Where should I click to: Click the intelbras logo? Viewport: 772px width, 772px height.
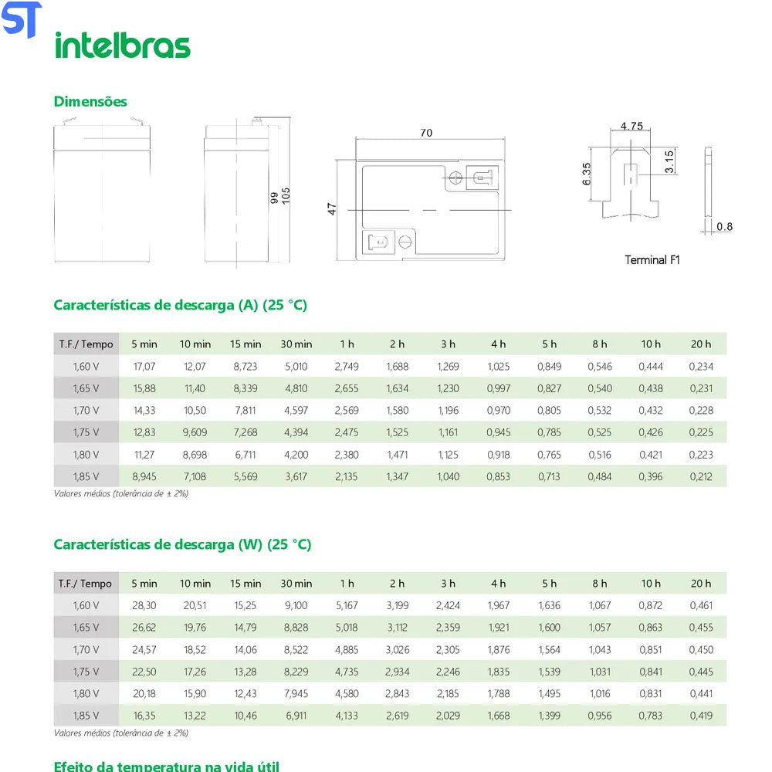(x=122, y=45)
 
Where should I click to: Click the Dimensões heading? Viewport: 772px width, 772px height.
(x=90, y=101)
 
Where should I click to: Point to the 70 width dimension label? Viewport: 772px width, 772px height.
(x=426, y=133)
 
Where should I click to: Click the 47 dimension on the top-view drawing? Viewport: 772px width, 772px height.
(x=332, y=208)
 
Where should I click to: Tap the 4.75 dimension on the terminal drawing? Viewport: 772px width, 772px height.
(x=631, y=126)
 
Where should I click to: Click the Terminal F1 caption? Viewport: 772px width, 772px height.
(x=652, y=260)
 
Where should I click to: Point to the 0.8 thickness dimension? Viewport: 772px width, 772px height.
(x=724, y=226)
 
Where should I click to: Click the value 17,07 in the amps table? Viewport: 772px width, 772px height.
(x=144, y=366)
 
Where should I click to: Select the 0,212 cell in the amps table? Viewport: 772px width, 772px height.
(x=701, y=476)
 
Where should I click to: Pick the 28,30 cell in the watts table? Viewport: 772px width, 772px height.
(x=144, y=605)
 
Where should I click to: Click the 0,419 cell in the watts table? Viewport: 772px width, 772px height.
(x=701, y=716)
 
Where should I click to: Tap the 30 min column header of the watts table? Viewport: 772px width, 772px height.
(x=296, y=584)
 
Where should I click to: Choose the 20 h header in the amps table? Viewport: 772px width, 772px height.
(x=701, y=344)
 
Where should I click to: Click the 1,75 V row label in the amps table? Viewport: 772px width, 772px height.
(x=86, y=432)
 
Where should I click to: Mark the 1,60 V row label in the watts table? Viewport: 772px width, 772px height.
(x=86, y=605)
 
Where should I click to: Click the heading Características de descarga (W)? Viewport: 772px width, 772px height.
(x=182, y=544)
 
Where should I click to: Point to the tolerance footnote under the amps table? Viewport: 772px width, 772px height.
(x=121, y=493)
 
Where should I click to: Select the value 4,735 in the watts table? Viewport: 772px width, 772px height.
(x=347, y=672)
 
